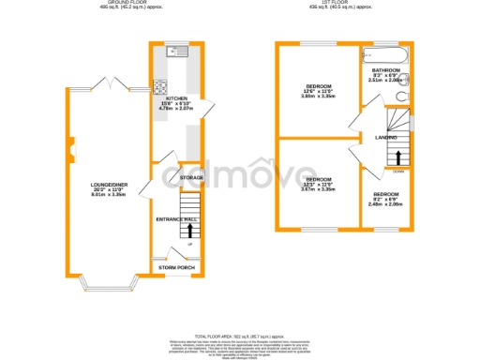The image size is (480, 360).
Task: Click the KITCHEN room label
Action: point(174,97)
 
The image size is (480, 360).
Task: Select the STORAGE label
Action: point(191,176)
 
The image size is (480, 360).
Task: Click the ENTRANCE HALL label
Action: point(177,218)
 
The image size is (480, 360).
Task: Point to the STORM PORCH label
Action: point(177,268)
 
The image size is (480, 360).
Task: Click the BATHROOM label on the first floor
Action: point(384,70)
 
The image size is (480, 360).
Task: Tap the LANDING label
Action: point(385,137)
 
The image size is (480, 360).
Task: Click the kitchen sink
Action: point(175,51)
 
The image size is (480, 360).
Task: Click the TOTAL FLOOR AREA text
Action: point(239,335)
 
